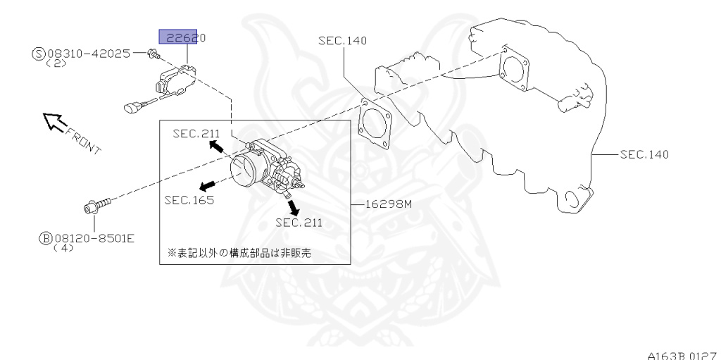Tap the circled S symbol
[x=38, y=53]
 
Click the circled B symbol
[x=44, y=238]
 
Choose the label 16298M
[x=383, y=205]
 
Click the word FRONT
[x=83, y=139]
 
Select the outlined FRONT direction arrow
[x=54, y=123]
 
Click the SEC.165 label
[x=189, y=199]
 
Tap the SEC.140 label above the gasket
[x=342, y=41]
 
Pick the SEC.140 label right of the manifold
[x=644, y=154]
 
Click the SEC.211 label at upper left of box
[x=196, y=133]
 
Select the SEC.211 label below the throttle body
[x=299, y=223]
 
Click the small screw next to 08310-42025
[x=154, y=53]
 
